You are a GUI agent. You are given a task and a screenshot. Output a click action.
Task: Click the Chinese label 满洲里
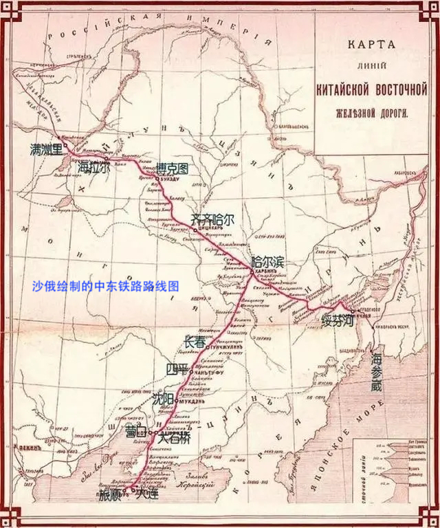(46, 148)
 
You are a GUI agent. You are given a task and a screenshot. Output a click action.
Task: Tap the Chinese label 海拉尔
(93, 166)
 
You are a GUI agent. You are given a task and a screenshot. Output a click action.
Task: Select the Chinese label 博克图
(172, 168)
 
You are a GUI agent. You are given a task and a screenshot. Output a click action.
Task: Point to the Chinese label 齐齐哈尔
(212, 220)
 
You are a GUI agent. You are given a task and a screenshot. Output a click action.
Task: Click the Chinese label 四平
(177, 369)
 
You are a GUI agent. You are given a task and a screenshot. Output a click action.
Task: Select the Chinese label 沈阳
(163, 399)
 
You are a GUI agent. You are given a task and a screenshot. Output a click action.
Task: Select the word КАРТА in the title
(371, 45)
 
